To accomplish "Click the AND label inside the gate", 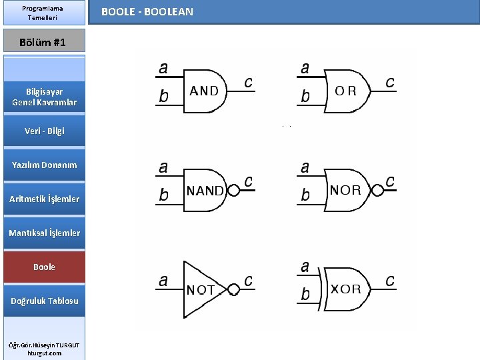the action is pyautogui.click(x=204, y=91).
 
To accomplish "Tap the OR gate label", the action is pyautogui.click(x=345, y=91).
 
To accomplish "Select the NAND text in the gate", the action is pyautogui.click(x=205, y=191).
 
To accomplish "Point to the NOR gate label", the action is pyautogui.click(x=345, y=190).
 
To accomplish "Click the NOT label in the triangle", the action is pyautogui.click(x=201, y=289).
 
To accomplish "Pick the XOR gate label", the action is pyautogui.click(x=346, y=289).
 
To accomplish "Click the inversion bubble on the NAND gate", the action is pyautogui.click(x=233, y=191).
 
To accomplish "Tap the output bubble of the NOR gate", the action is pyautogui.click(x=377, y=191).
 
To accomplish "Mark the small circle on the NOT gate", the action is pyautogui.click(x=233, y=289).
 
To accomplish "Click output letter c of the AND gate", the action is pyautogui.click(x=248, y=83).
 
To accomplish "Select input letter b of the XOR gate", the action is pyautogui.click(x=305, y=294).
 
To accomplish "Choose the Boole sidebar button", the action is pyautogui.click(x=44, y=267).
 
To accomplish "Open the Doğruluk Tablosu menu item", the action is pyautogui.click(x=44, y=301).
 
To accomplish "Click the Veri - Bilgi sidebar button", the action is pyautogui.click(x=44, y=131).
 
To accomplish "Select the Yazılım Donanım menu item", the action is pyautogui.click(x=44, y=165).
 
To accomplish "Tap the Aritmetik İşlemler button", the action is pyautogui.click(x=44, y=199).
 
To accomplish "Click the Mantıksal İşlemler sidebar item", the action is pyautogui.click(x=44, y=233).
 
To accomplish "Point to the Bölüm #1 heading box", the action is pyautogui.click(x=44, y=41).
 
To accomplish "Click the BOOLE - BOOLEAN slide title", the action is pyautogui.click(x=147, y=12).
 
